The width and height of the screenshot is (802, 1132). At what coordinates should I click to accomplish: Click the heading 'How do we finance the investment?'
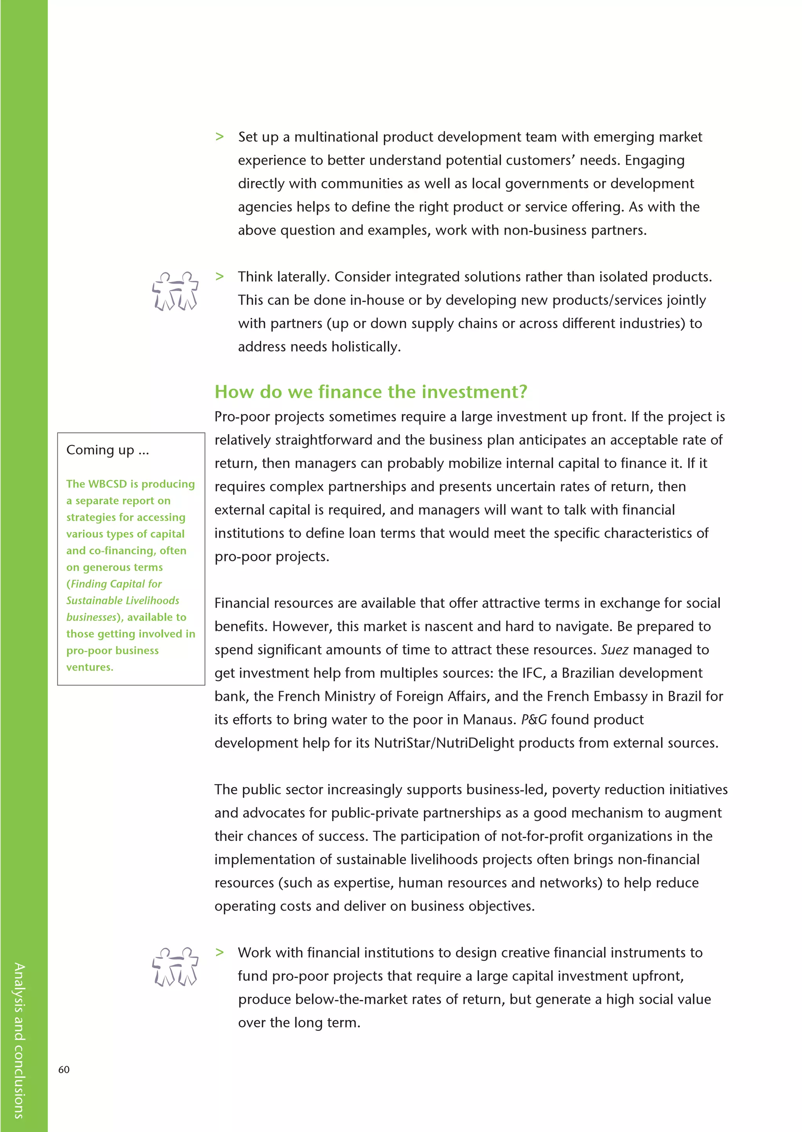pyautogui.click(x=370, y=392)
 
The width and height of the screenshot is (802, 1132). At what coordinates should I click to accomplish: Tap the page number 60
pyautogui.click(x=64, y=1069)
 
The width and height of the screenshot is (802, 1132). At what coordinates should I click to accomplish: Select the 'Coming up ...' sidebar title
pyautogui.click(x=107, y=450)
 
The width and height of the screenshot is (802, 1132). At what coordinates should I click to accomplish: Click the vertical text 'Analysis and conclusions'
pyautogui.click(x=19, y=1040)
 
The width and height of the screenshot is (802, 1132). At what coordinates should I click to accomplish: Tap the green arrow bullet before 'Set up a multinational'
pyautogui.click(x=220, y=137)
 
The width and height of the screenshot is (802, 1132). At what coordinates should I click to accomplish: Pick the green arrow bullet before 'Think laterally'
pyautogui.click(x=220, y=277)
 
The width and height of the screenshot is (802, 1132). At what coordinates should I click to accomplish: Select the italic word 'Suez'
pyautogui.click(x=614, y=650)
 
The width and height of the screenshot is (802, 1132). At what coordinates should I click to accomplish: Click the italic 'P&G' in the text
pyautogui.click(x=534, y=719)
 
